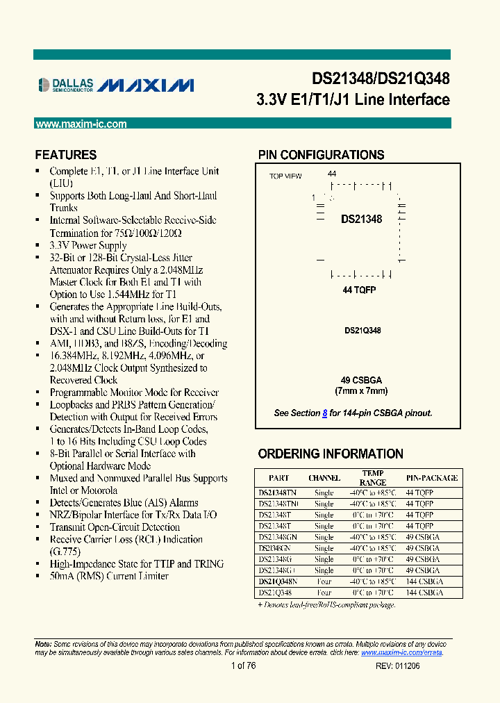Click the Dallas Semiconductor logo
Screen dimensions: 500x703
coord(65,85)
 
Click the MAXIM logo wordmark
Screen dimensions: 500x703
coord(145,85)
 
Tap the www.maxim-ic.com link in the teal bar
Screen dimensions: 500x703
coord(81,124)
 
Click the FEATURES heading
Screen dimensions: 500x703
coord(66,155)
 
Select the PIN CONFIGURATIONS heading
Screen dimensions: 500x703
coord(321,155)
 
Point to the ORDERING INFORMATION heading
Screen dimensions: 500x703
coord(331,454)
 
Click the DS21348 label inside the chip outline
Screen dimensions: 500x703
coord(361,220)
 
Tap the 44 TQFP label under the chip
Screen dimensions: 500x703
coord(359,290)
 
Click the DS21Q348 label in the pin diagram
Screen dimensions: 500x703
coord(362,331)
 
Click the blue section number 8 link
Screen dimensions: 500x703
coord(325,413)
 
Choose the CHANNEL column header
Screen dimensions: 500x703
coord(324,478)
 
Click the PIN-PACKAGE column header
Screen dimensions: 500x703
coord(431,478)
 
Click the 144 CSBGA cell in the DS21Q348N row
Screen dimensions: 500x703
coord(424,581)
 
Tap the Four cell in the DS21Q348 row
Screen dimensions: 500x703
coord(324,593)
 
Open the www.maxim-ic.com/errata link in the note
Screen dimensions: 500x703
coord(401,652)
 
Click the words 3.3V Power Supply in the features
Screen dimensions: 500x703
coord(87,245)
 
